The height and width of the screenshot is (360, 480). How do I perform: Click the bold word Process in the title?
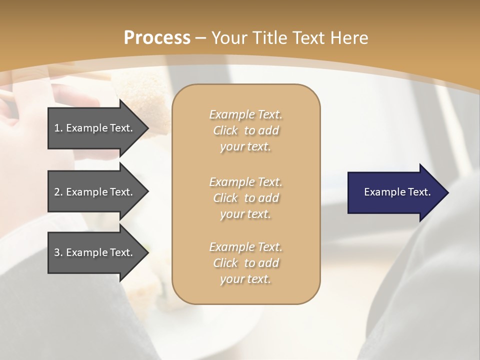pos(157,37)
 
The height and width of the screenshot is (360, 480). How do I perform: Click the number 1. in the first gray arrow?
pos(58,128)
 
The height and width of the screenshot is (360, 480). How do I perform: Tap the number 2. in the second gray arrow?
pos(58,192)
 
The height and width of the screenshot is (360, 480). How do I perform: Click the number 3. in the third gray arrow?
pos(58,252)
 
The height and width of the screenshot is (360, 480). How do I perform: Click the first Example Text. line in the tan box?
pos(245,114)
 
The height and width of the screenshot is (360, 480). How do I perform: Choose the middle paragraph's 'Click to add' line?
pos(245,198)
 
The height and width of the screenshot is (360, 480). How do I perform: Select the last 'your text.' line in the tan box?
pos(245,279)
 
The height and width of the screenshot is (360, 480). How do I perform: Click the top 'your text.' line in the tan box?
pos(245,147)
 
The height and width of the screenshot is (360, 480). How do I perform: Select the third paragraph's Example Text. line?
pos(245,247)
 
